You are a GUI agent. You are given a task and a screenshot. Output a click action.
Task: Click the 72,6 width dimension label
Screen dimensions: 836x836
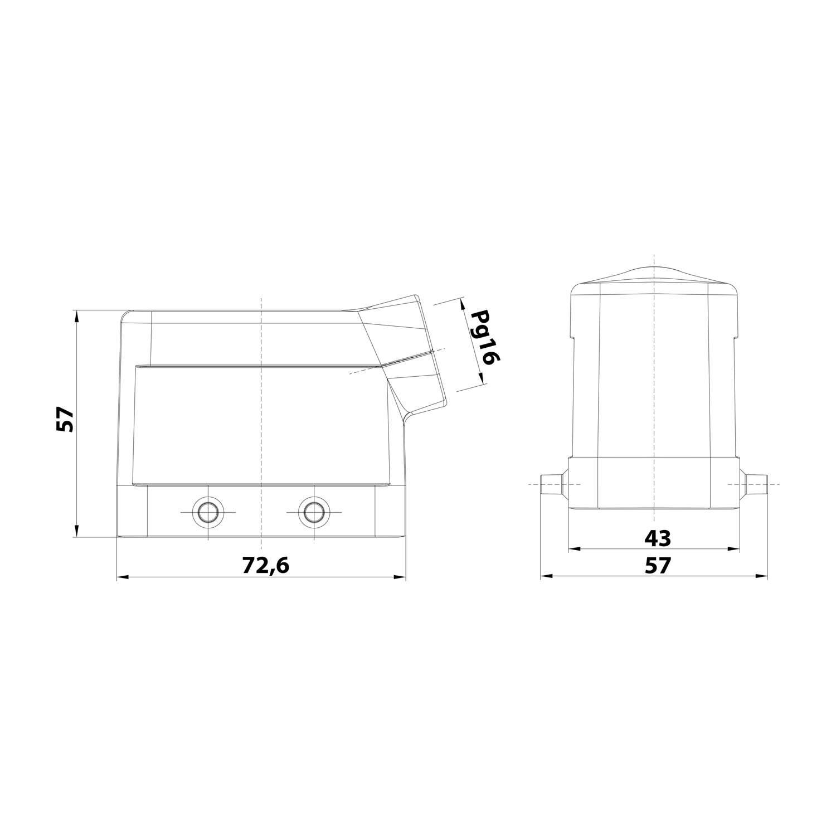pyautogui.click(x=266, y=566)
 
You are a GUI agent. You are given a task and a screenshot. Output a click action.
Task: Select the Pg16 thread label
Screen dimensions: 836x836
pyautogui.click(x=483, y=338)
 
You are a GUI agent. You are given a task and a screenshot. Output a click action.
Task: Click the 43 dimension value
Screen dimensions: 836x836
pyautogui.click(x=658, y=538)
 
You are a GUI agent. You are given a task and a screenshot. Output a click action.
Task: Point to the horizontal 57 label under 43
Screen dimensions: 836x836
pyautogui.click(x=658, y=566)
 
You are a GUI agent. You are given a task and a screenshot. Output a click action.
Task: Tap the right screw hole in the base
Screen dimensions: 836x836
pyautogui.click(x=313, y=511)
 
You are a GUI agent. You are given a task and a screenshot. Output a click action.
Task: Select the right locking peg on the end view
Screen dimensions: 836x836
pyautogui.click(x=753, y=483)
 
